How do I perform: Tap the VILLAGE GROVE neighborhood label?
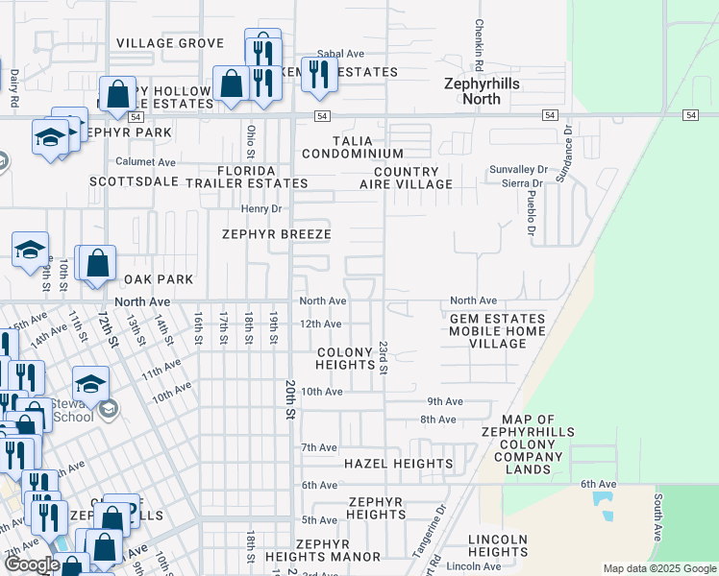pos(170,43)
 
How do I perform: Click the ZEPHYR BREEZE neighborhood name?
pos(277,234)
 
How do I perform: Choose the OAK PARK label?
pos(159,279)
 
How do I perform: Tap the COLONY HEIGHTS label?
pos(345,358)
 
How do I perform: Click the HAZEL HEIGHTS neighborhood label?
pos(398,464)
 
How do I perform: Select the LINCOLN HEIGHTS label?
pos(498,545)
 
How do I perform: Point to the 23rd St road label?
pos(383,356)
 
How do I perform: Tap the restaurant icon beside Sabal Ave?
pos(319,74)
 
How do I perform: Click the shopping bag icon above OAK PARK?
pos(97,263)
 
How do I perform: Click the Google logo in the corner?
pos(31,564)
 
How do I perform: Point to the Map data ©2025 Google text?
pos(658,568)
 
